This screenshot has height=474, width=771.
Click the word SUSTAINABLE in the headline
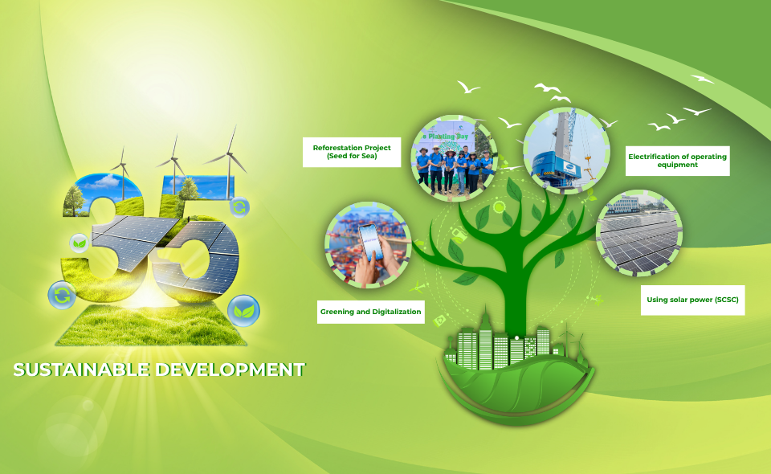[x=81, y=370]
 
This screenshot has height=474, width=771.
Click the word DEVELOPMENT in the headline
[x=230, y=370]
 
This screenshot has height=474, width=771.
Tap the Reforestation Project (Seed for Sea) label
[x=352, y=152]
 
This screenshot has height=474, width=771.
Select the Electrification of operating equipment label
[x=677, y=161]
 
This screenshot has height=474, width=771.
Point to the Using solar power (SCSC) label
[x=692, y=300]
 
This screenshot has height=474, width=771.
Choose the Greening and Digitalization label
[x=371, y=312]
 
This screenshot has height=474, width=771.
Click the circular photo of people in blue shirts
[x=453, y=158]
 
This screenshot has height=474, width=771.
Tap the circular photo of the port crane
[x=566, y=150]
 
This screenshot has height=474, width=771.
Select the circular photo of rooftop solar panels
[x=639, y=233]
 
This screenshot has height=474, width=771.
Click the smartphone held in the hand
[x=371, y=243]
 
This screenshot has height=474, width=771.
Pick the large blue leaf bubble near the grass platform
[x=243, y=311]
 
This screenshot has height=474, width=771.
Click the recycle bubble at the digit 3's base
[x=62, y=295]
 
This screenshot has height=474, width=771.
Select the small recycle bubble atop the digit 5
[x=239, y=207]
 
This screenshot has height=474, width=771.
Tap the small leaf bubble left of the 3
[x=80, y=243]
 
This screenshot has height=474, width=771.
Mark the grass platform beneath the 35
[x=152, y=325]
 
